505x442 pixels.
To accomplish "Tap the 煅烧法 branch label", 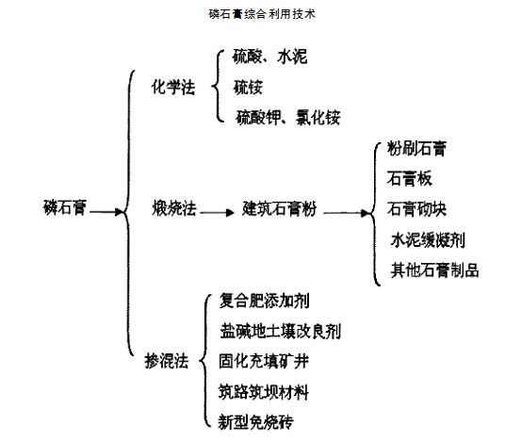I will [172, 207].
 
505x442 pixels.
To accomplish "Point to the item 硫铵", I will [247, 88].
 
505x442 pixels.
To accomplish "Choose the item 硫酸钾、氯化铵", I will [288, 117].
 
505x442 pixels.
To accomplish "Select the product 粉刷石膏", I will [417, 149].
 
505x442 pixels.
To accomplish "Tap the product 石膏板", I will [410, 179].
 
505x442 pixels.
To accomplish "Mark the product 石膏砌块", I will [417, 207].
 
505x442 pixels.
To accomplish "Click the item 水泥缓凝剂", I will [427, 239].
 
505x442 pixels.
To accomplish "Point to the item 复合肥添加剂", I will [264, 303].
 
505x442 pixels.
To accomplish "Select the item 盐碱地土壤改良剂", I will [281, 332].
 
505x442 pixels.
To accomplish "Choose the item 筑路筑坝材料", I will [264, 391].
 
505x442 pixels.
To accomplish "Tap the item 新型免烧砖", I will [255, 420].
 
